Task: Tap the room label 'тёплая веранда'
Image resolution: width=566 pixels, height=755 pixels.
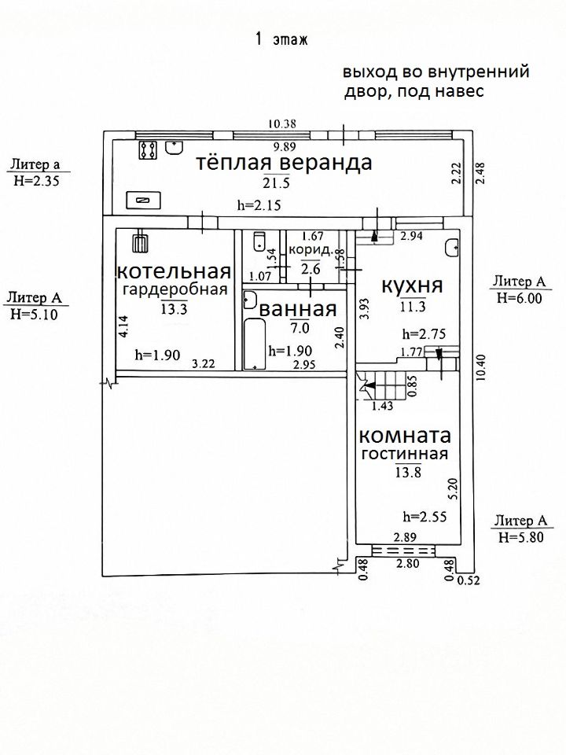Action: click(283, 164)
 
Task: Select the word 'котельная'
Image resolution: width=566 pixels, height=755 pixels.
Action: click(174, 272)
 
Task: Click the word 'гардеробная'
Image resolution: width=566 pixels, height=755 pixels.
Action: click(175, 289)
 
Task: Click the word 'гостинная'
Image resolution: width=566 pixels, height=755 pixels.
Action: click(405, 455)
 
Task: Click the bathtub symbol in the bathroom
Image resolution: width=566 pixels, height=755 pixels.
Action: click(254, 344)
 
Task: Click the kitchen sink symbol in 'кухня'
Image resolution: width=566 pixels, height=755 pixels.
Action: click(453, 247)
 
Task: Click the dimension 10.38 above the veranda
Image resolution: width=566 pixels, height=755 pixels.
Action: click(281, 123)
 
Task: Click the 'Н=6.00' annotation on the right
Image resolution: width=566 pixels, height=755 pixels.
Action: click(519, 298)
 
